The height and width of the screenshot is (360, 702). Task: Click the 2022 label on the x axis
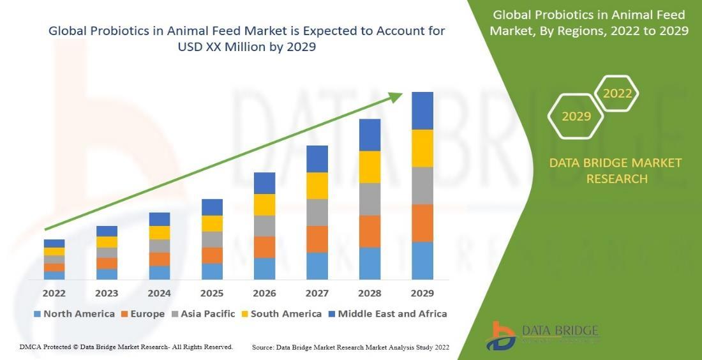54,294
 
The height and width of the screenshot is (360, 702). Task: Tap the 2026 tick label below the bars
264,294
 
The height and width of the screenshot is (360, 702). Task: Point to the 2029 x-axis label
422,294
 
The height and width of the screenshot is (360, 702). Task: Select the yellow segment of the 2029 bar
422,148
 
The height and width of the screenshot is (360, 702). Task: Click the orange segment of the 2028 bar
370,231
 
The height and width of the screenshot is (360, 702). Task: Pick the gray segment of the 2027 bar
317,212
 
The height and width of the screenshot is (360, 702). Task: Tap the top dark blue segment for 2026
264,183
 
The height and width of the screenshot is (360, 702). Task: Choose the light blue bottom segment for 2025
212,271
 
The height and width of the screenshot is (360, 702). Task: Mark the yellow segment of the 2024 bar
160,232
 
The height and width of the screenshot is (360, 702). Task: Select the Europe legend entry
147,314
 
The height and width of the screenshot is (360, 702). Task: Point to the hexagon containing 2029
576,116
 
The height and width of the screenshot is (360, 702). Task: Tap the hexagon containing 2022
617,94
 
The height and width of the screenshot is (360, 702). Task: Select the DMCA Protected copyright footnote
126,347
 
